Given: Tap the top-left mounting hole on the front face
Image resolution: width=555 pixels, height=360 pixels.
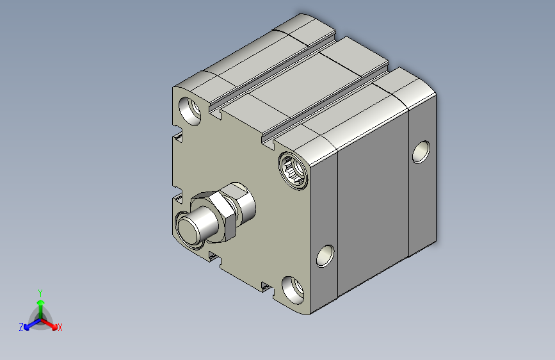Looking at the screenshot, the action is pyautogui.click(x=189, y=111).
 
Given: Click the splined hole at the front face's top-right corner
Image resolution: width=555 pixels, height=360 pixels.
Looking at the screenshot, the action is pyautogui.click(x=293, y=170).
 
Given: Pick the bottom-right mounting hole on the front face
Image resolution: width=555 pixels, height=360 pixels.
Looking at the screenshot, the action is pyautogui.click(x=293, y=290).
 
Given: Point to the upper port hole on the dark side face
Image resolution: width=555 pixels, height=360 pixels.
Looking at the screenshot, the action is pyautogui.click(x=421, y=152).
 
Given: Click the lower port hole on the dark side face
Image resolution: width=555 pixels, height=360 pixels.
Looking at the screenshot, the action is pyautogui.click(x=325, y=256).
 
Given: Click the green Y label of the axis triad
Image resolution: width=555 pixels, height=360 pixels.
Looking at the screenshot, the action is pyautogui.click(x=40, y=293).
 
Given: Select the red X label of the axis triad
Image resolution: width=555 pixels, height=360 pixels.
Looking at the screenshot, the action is pyautogui.click(x=60, y=328).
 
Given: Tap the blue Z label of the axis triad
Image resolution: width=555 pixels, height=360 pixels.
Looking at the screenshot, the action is pyautogui.click(x=21, y=327).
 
